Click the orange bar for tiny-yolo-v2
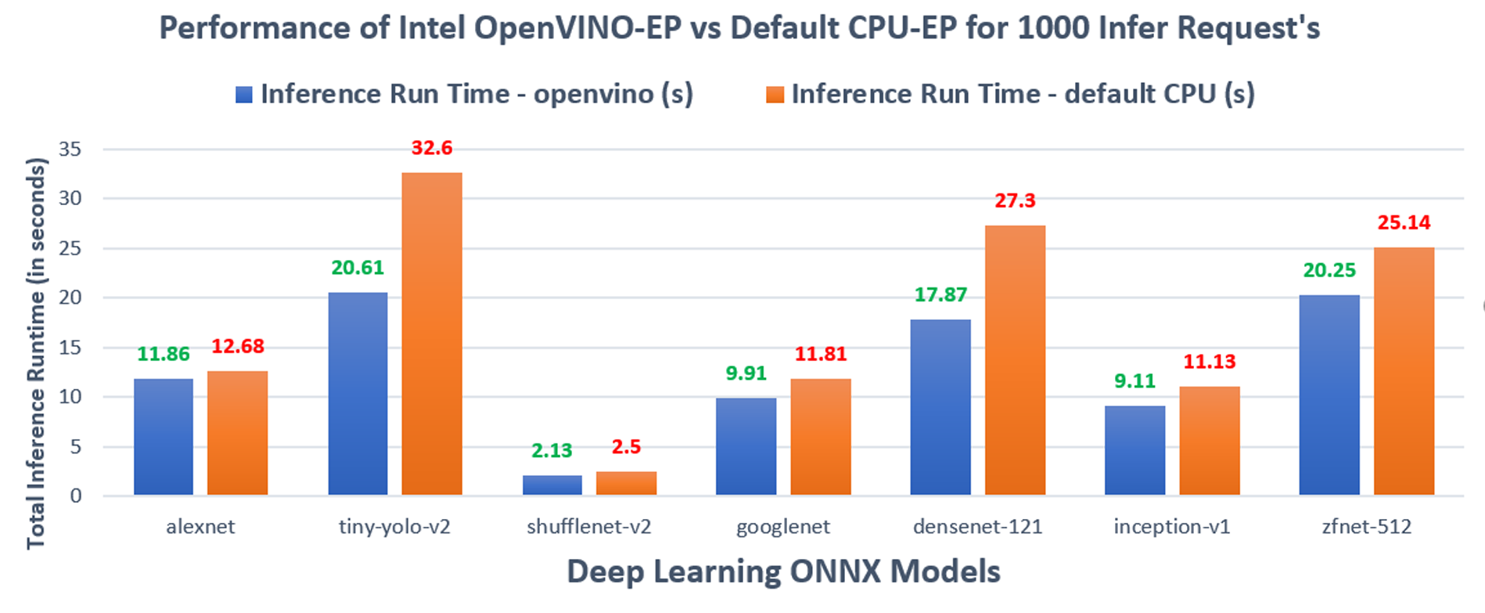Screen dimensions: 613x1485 pyautogui.click(x=432, y=334)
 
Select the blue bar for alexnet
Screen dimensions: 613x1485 pyautogui.click(x=164, y=437)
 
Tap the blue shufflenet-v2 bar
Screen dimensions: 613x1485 pyautogui.click(x=552, y=485)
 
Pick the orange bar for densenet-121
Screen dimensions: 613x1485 pyautogui.click(x=1015, y=360)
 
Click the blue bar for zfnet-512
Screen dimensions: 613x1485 pyautogui.click(x=1329, y=395)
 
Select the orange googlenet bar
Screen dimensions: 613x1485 pyautogui.click(x=821, y=437)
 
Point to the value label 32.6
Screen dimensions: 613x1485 pyautogui.click(x=432, y=148)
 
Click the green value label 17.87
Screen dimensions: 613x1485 pyautogui.click(x=940, y=294)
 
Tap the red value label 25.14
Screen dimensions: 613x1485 pyautogui.click(x=1404, y=223)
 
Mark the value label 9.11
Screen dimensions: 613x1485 pyautogui.click(x=1134, y=381)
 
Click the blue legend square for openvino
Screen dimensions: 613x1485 pyautogui.click(x=244, y=95)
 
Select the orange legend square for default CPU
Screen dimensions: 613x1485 pyautogui.click(x=775, y=95)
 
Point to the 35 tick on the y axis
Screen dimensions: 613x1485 pyautogui.click(x=70, y=149)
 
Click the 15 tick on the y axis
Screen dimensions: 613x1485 pyautogui.click(x=70, y=347)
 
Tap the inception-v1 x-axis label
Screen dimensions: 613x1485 pyautogui.click(x=1171, y=526)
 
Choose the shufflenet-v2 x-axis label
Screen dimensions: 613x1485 pyautogui.click(x=588, y=526)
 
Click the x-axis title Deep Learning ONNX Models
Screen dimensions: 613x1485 pyautogui.click(x=783, y=572)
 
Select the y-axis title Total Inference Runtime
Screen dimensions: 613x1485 pyautogui.click(x=37, y=352)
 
